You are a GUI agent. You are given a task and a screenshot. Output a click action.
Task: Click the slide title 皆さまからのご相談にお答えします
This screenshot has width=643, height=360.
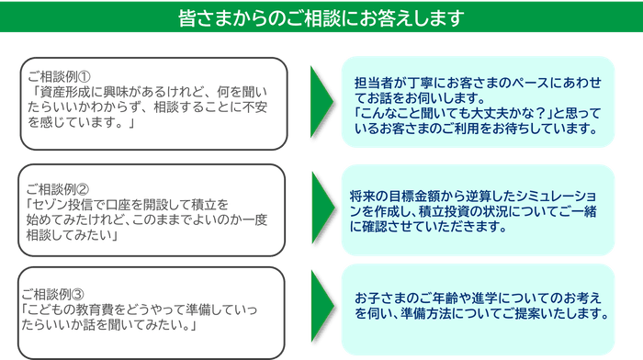pyautogui.click(x=321, y=18)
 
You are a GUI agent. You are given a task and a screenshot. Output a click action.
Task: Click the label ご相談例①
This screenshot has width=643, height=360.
pyautogui.click(x=58, y=75)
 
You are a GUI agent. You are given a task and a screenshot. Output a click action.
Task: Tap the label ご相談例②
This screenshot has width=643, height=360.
pyautogui.click(x=58, y=187)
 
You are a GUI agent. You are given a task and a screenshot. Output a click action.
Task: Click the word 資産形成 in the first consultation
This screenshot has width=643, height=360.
pyautogui.click(x=66, y=92)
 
